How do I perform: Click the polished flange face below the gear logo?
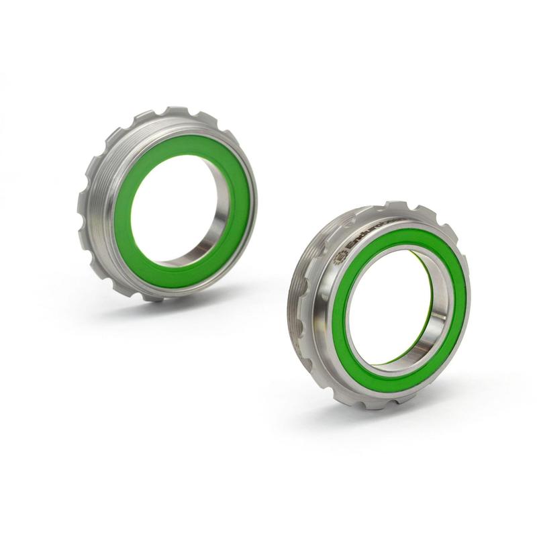pos(329,282)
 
